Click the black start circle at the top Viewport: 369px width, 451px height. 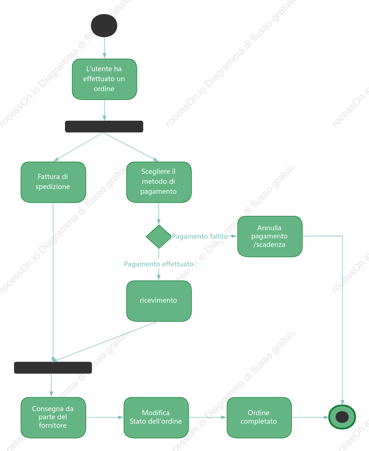[x=104, y=25]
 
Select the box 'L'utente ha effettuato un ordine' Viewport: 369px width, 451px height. [x=105, y=79]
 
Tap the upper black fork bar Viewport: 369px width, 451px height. [x=104, y=126]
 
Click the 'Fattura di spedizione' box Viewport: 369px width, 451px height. [x=53, y=182]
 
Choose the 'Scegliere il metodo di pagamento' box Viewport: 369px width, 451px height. [x=159, y=182]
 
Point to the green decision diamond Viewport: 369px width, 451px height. [x=159, y=237]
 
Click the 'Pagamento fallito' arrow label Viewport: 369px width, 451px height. [x=200, y=236]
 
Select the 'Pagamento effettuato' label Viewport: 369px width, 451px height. [x=158, y=264]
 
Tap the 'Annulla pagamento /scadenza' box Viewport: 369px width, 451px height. [x=270, y=236]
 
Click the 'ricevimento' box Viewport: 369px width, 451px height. [x=159, y=301]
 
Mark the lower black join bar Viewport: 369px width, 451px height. [x=53, y=368]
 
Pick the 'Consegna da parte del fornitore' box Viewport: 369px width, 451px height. [x=53, y=418]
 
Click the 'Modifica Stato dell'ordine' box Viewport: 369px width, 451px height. [x=156, y=418]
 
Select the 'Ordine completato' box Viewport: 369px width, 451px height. [x=259, y=418]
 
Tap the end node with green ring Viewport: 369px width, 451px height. [x=342, y=417]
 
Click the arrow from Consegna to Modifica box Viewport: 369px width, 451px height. [x=105, y=417]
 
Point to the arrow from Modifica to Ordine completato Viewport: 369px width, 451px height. [x=208, y=417]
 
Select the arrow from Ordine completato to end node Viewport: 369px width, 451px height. [x=310, y=417]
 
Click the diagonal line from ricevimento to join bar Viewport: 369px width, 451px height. [x=105, y=341]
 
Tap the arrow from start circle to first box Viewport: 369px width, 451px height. [x=105, y=48]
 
